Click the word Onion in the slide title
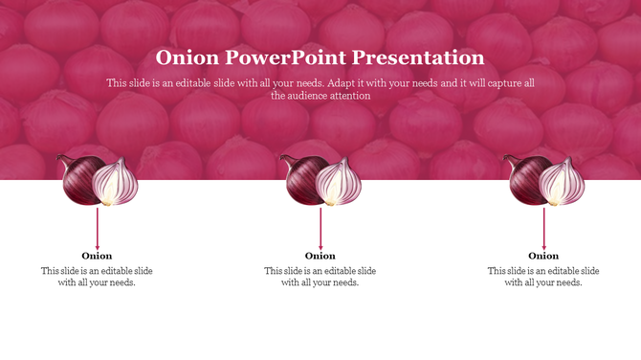click(x=188, y=57)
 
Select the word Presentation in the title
click(x=421, y=57)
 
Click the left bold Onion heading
click(x=97, y=256)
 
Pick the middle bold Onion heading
click(x=320, y=256)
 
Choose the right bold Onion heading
click(x=543, y=256)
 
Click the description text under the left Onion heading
click(x=97, y=277)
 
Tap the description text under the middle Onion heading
click(x=320, y=277)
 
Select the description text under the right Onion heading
click(x=543, y=277)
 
